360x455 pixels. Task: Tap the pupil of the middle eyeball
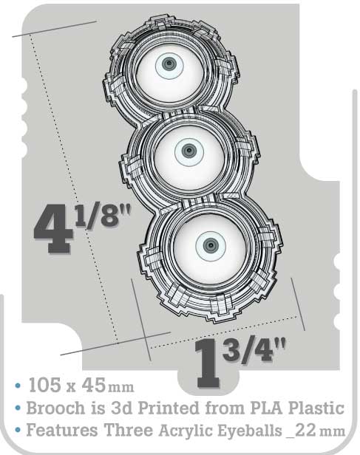click(189, 151)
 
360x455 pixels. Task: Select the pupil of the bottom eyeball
click(211, 246)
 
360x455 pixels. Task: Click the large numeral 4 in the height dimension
click(53, 229)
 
